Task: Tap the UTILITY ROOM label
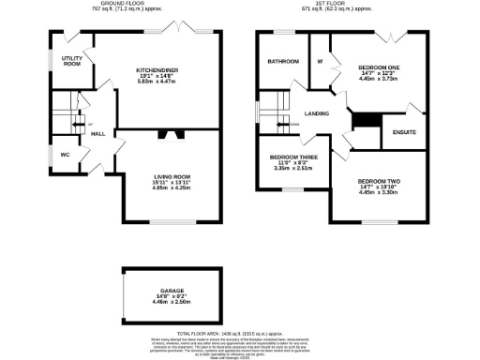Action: pos(73,61)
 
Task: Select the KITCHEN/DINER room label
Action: pos(157,69)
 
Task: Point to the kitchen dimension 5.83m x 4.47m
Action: pos(157,81)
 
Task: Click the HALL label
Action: pos(97,134)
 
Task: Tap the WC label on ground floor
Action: pos(66,153)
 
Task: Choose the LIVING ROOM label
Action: pos(172,175)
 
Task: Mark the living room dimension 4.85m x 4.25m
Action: pos(172,187)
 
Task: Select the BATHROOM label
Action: pos(282,62)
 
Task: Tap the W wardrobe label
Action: pos(320,63)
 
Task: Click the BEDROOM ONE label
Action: pos(378,67)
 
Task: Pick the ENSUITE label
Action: pos(404,132)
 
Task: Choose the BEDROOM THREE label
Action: pos(293,157)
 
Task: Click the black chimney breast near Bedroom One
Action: pos(361,121)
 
